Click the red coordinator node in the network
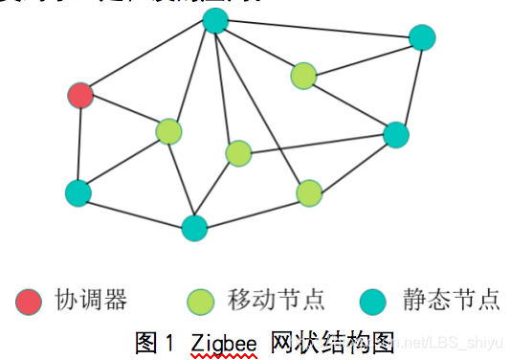(x=81, y=95)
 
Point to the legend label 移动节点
(x=277, y=302)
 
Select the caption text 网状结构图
(x=334, y=342)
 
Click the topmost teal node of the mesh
(x=215, y=20)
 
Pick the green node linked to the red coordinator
(x=168, y=131)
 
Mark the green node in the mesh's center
(x=238, y=153)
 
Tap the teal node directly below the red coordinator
(x=78, y=192)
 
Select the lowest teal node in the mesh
(x=194, y=228)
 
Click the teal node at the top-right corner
(x=422, y=37)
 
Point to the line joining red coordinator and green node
(x=124, y=113)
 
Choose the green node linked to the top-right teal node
(x=303, y=75)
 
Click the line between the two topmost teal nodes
(x=319, y=29)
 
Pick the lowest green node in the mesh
(x=309, y=193)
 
